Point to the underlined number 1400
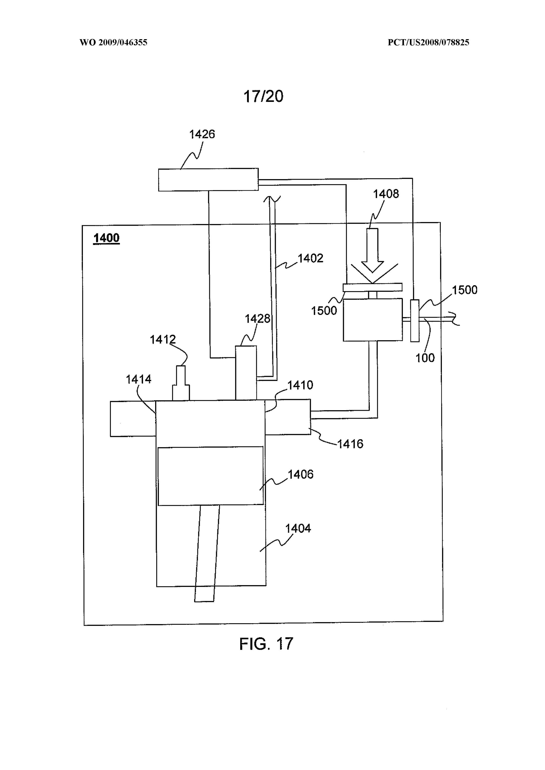(106, 238)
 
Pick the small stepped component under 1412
(181, 383)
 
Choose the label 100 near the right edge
(425, 358)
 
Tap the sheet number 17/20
(263, 96)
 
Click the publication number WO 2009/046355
(113, 43)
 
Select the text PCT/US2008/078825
(428, 43)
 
